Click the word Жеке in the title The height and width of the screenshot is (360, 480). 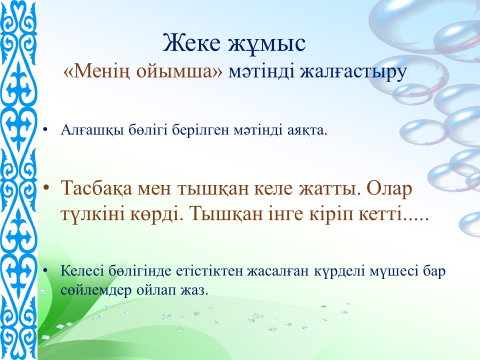coord(191,43)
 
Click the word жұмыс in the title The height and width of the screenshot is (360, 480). coord(267,44)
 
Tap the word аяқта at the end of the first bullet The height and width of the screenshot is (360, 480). coord(307,131)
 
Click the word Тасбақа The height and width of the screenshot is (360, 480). coord(97,189)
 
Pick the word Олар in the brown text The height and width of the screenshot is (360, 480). coord(389,189)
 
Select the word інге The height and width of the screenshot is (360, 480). coord(286,215)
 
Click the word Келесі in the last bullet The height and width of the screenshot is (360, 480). coord(82,271)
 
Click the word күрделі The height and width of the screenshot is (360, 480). coord(339,272)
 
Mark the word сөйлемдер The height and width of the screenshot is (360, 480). coord(96,290)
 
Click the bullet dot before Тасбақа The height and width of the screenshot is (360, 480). coord(46,188)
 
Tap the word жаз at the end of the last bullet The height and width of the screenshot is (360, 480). coord(194,291)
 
